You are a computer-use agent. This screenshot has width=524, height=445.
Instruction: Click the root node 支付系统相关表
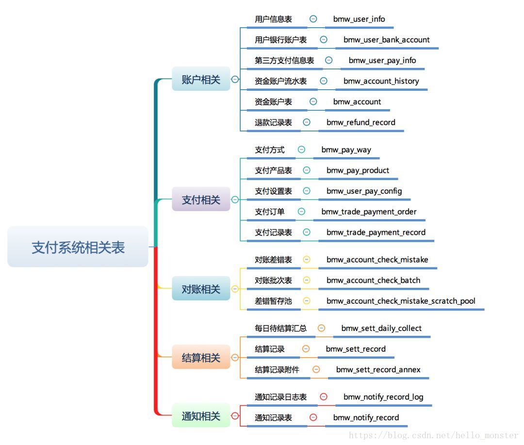[78, 247]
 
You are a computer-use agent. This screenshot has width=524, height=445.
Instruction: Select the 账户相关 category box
[201, 80]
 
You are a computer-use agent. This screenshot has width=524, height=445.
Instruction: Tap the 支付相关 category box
[201, 199]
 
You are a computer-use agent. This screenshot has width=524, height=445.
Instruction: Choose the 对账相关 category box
[201, 289]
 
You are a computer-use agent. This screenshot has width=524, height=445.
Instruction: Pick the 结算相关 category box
[201, 358]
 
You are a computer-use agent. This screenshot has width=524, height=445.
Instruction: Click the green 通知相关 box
[201, 416]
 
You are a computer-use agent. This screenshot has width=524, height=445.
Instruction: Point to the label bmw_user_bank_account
[386, 40]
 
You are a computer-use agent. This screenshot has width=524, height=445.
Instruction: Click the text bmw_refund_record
[360, 122]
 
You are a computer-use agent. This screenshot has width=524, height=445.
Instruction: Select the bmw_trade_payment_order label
[369, 212]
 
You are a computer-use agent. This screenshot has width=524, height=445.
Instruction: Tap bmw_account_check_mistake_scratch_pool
[401, 301]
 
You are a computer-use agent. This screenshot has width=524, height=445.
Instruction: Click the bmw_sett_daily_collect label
[381, 329]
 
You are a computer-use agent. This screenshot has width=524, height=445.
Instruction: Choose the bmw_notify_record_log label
[383, 397]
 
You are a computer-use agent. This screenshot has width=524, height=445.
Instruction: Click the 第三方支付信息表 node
[284, 61]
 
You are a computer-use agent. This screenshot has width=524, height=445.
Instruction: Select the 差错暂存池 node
[273, 301]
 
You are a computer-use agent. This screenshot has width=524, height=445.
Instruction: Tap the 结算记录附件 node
[277, 370]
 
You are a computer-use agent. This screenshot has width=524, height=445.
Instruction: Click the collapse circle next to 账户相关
[235, 80]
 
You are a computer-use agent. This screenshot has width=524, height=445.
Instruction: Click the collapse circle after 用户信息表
[313, 19]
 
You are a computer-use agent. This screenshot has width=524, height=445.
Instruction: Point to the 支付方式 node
[270, 150]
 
